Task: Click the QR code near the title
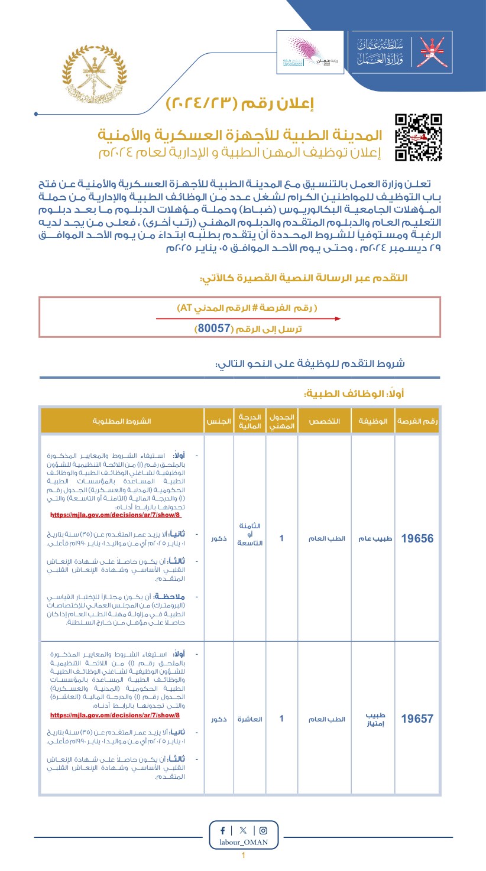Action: pyautogui.click(x=419, y=137)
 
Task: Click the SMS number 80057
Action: pyautogui.click(x=213, y=329)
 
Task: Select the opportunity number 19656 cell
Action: pyautogui.click(x=417, y=539)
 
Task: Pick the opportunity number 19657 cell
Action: pyautogui.click(x=417, y=719)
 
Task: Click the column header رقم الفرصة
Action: pyautogui.click(x=417, y=421)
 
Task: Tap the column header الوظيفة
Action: pyautogui.click(x=374, y=421)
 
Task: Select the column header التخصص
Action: pyautogui.click(x=325, y=421)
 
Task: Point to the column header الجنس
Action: pyautogui.click(x=218, y=421)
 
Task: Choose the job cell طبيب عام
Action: pyautogui.click(x=374, y=539)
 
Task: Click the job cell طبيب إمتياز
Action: pyautogui.click(x=374, y=719)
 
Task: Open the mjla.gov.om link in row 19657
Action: pyautogui.click(x=115, y=715)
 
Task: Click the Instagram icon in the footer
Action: pyautogui.click(x=263, y=830)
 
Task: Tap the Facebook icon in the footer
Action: pyautogui.click(x=222, y=830)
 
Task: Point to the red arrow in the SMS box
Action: pyautogui.click(x=248, y=318)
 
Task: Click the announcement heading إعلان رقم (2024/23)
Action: pyautogui.click(x=240, y=104)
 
